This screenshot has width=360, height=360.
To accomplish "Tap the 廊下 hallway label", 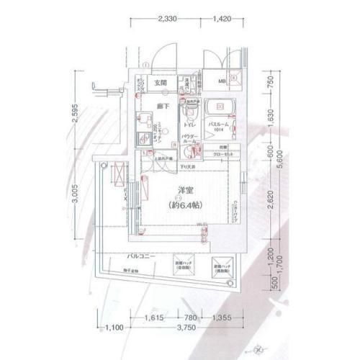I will pos(164,107).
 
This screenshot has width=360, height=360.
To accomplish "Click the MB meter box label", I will pos(233,81).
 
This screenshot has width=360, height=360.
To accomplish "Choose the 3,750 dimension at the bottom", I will pos(189,328).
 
